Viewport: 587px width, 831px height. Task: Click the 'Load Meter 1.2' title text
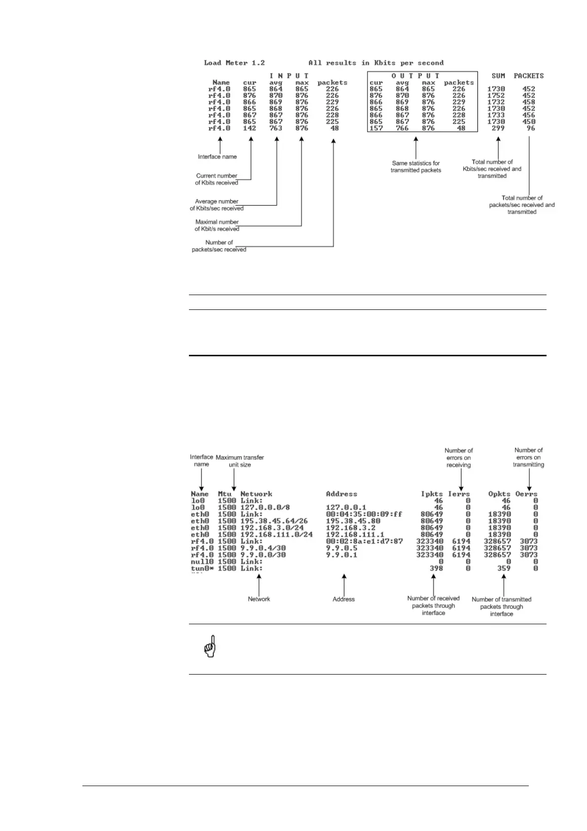click(x=234, y=63)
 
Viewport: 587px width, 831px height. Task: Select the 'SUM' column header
click(x=498, y=76)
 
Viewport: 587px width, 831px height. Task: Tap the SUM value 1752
click(x=496, y=96)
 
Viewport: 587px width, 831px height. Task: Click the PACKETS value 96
click(x=530, y=128)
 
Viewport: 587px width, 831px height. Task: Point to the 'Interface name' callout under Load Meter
click(x=217, y=157)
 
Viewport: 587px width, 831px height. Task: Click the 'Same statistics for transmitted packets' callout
click(x=415, y=167)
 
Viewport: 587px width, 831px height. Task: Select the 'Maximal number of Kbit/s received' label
click(x=217, y=226)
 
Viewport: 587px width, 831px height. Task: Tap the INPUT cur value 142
click(x=249, y=128)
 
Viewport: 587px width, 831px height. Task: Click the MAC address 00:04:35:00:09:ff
click(x=364, y=514)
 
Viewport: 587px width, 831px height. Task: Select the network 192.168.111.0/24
click(x=276, y=534)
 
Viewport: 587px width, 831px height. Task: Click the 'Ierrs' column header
click(x=459, y=494)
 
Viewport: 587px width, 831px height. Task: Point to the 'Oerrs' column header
click(x=526, y=494)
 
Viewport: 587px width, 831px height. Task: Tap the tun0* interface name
click(x=202, y=568)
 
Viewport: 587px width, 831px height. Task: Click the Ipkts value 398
click(x=436, y=568)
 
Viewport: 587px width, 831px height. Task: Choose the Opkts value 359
click(x=504, y=568)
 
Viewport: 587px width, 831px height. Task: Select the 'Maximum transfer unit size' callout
click(x=240, y=461)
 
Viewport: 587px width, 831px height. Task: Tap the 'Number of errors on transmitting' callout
click(x=528, y=457)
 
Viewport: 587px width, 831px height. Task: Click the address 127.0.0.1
click(x=346, y=508)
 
